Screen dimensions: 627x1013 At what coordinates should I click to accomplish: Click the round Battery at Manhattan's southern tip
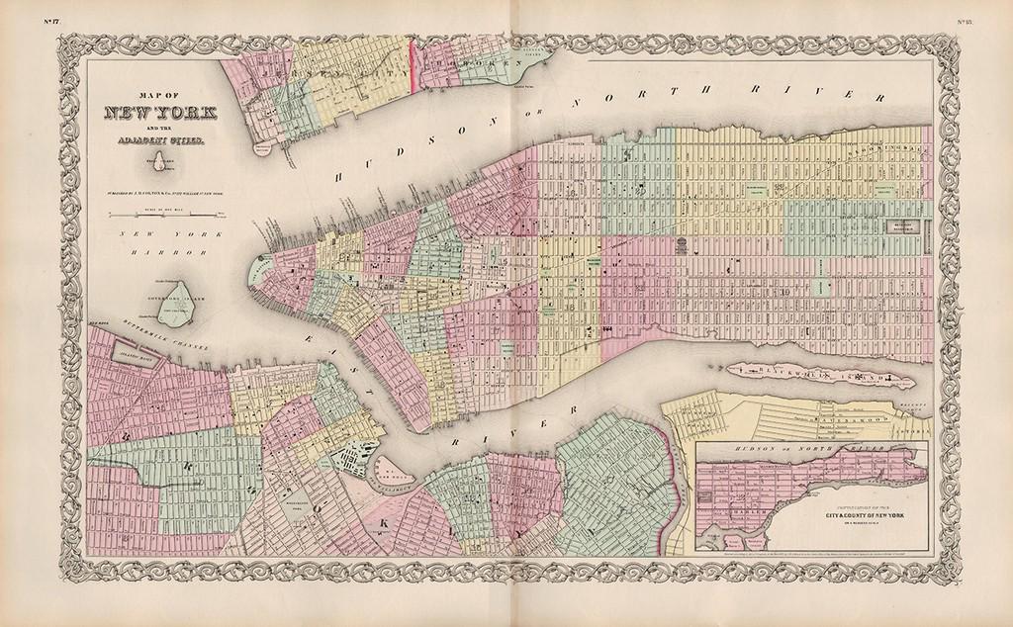tap(259, 267)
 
